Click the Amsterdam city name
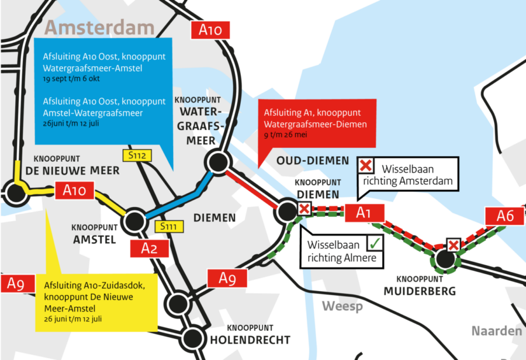tap(100, 27)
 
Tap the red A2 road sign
tap(150, 249)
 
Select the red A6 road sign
tap(506, 216)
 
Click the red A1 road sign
tap(364, 213)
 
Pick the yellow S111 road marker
tap(168, 226)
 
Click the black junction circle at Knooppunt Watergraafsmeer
tap(216, 162)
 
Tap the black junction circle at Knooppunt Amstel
tap(134, 221)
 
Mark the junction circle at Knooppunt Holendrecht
tap(192, 337)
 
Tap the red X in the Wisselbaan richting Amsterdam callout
tap(366, 166)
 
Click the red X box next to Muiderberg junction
tap(453, 245)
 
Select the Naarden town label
tap(497, 331)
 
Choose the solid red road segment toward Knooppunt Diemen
tap(252, 188)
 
